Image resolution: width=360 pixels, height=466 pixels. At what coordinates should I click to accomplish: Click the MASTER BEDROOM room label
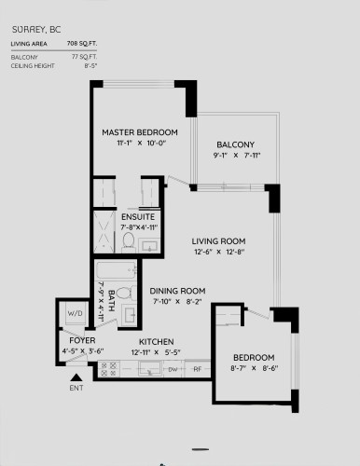point(140,132)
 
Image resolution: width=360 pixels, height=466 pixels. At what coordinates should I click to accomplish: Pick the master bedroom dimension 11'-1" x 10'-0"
point(140,144)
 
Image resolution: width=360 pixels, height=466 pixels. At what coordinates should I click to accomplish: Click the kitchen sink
point(145,368)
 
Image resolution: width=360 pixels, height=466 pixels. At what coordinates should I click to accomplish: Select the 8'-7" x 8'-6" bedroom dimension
point(254,370)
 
